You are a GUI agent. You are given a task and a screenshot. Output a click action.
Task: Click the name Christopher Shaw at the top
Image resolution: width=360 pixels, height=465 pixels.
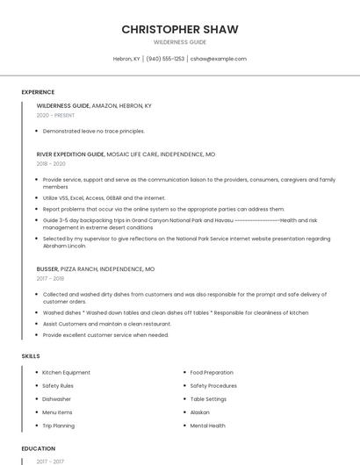180,29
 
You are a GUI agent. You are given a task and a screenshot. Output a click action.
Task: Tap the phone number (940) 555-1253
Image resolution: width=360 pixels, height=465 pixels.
165,59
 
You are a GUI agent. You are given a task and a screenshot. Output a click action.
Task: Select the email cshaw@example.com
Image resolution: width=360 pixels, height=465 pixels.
219,59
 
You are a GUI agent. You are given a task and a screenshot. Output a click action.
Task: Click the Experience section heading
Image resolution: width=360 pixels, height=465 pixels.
38,92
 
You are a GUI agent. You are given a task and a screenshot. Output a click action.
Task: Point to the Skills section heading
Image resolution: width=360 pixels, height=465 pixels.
31,356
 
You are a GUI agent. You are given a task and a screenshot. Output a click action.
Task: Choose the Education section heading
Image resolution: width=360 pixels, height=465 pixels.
39,448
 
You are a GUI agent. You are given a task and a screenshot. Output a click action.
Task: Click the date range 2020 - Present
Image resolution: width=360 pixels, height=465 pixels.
55,115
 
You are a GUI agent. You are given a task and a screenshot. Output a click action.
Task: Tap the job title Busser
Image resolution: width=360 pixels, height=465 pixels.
47,268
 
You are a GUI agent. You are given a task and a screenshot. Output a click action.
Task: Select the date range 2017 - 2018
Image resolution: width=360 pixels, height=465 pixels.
50,278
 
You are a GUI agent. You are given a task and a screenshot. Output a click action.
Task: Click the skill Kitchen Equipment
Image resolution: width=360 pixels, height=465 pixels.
67,373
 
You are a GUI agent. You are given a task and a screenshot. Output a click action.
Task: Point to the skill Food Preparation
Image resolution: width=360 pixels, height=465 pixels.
212,373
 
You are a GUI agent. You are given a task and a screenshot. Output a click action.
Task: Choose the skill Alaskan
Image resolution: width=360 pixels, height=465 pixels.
200,412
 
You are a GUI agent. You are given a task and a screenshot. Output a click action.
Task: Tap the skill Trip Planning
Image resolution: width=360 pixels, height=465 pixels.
59,426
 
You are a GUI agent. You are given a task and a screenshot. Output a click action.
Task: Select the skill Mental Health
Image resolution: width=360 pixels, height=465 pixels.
208,426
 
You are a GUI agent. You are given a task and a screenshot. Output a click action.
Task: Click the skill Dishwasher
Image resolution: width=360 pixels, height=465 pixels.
57,399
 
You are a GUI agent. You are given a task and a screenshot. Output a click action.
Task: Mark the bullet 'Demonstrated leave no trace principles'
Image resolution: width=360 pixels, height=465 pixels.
94,131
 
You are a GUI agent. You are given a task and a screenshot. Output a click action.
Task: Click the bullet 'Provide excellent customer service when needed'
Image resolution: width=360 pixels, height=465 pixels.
105,334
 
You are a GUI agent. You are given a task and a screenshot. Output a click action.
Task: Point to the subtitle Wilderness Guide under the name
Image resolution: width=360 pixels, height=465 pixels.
180,41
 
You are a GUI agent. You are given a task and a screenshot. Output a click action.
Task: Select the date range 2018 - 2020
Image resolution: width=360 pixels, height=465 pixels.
51,163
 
